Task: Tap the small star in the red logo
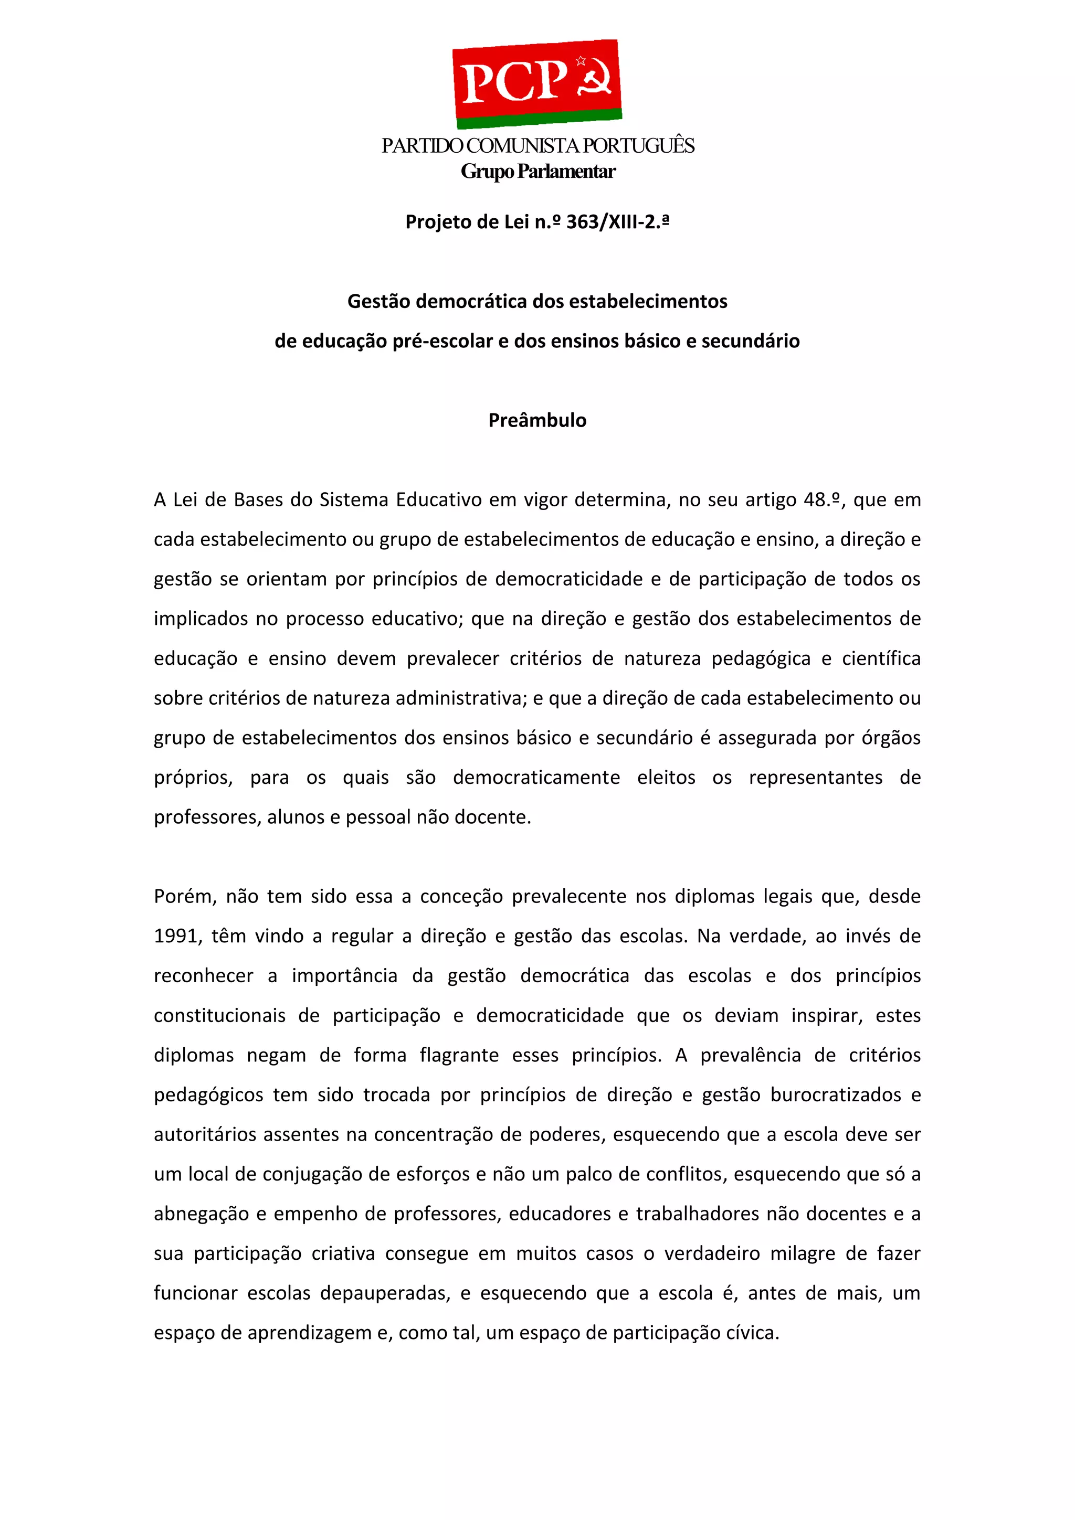[x=581, y=61]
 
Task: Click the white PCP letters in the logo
[x=513, y=82]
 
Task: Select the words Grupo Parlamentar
[x=538, y=172]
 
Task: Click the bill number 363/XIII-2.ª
[x=617, y=222]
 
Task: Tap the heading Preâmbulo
[x=537, y=420]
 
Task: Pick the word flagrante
[x=459, y=1055]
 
